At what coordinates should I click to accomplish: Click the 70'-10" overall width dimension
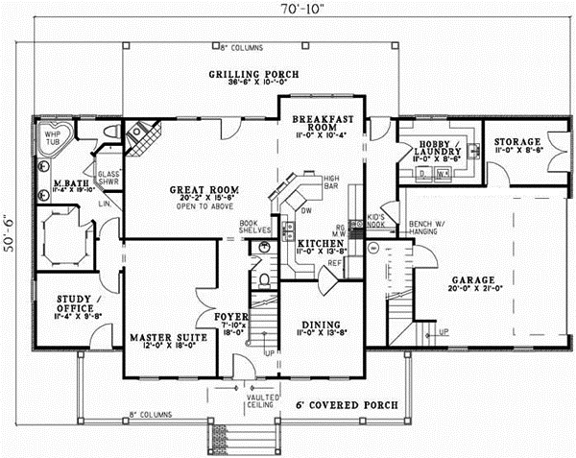click(292, 10)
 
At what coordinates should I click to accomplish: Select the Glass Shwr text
click(108, 179)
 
